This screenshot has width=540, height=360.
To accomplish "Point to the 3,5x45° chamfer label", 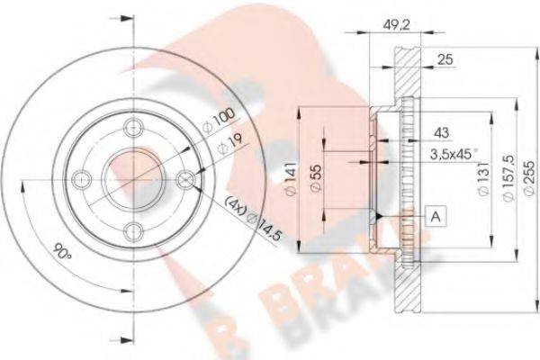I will (428, 154).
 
